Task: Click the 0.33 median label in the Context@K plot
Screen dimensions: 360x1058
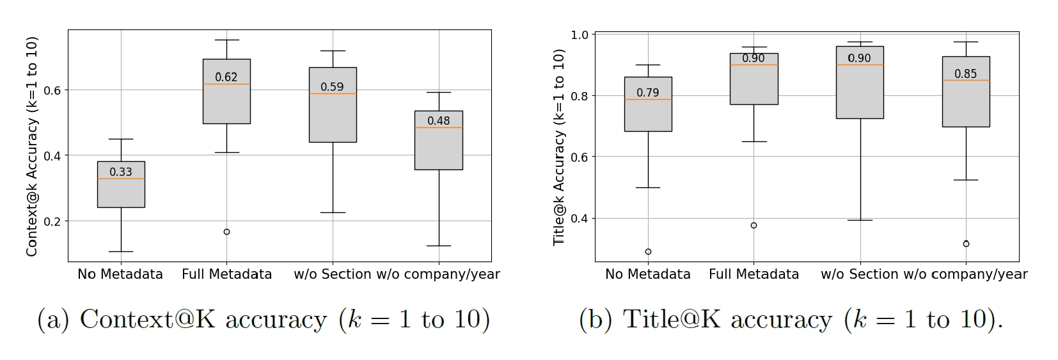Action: point(121,171)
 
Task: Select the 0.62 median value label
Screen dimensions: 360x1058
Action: point(226,77)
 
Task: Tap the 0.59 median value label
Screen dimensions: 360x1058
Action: point(332,87)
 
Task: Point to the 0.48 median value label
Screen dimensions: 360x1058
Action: point(438,120)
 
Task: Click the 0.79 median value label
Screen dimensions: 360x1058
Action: point(647,93)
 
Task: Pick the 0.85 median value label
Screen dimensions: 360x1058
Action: point(965,74)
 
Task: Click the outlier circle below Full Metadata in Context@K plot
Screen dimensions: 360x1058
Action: point(226,231)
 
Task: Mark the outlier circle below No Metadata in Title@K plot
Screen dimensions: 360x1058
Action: point(648,251)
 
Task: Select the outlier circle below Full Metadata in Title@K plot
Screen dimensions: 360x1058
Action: point(754,225)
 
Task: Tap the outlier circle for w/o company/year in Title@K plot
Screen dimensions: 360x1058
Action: point(966,244)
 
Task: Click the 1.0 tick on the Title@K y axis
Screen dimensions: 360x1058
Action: point(580,35)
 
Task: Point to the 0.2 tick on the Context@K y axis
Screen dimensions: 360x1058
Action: point(52,221)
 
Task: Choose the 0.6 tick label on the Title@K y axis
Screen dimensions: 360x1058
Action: point(580,157)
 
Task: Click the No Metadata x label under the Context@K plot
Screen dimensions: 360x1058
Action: point(120,274)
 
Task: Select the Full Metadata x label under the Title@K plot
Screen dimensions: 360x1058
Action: point(754,274)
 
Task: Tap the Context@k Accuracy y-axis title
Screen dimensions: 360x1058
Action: point(32,146)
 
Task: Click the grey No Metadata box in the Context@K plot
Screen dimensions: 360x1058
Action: point(121,192)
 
